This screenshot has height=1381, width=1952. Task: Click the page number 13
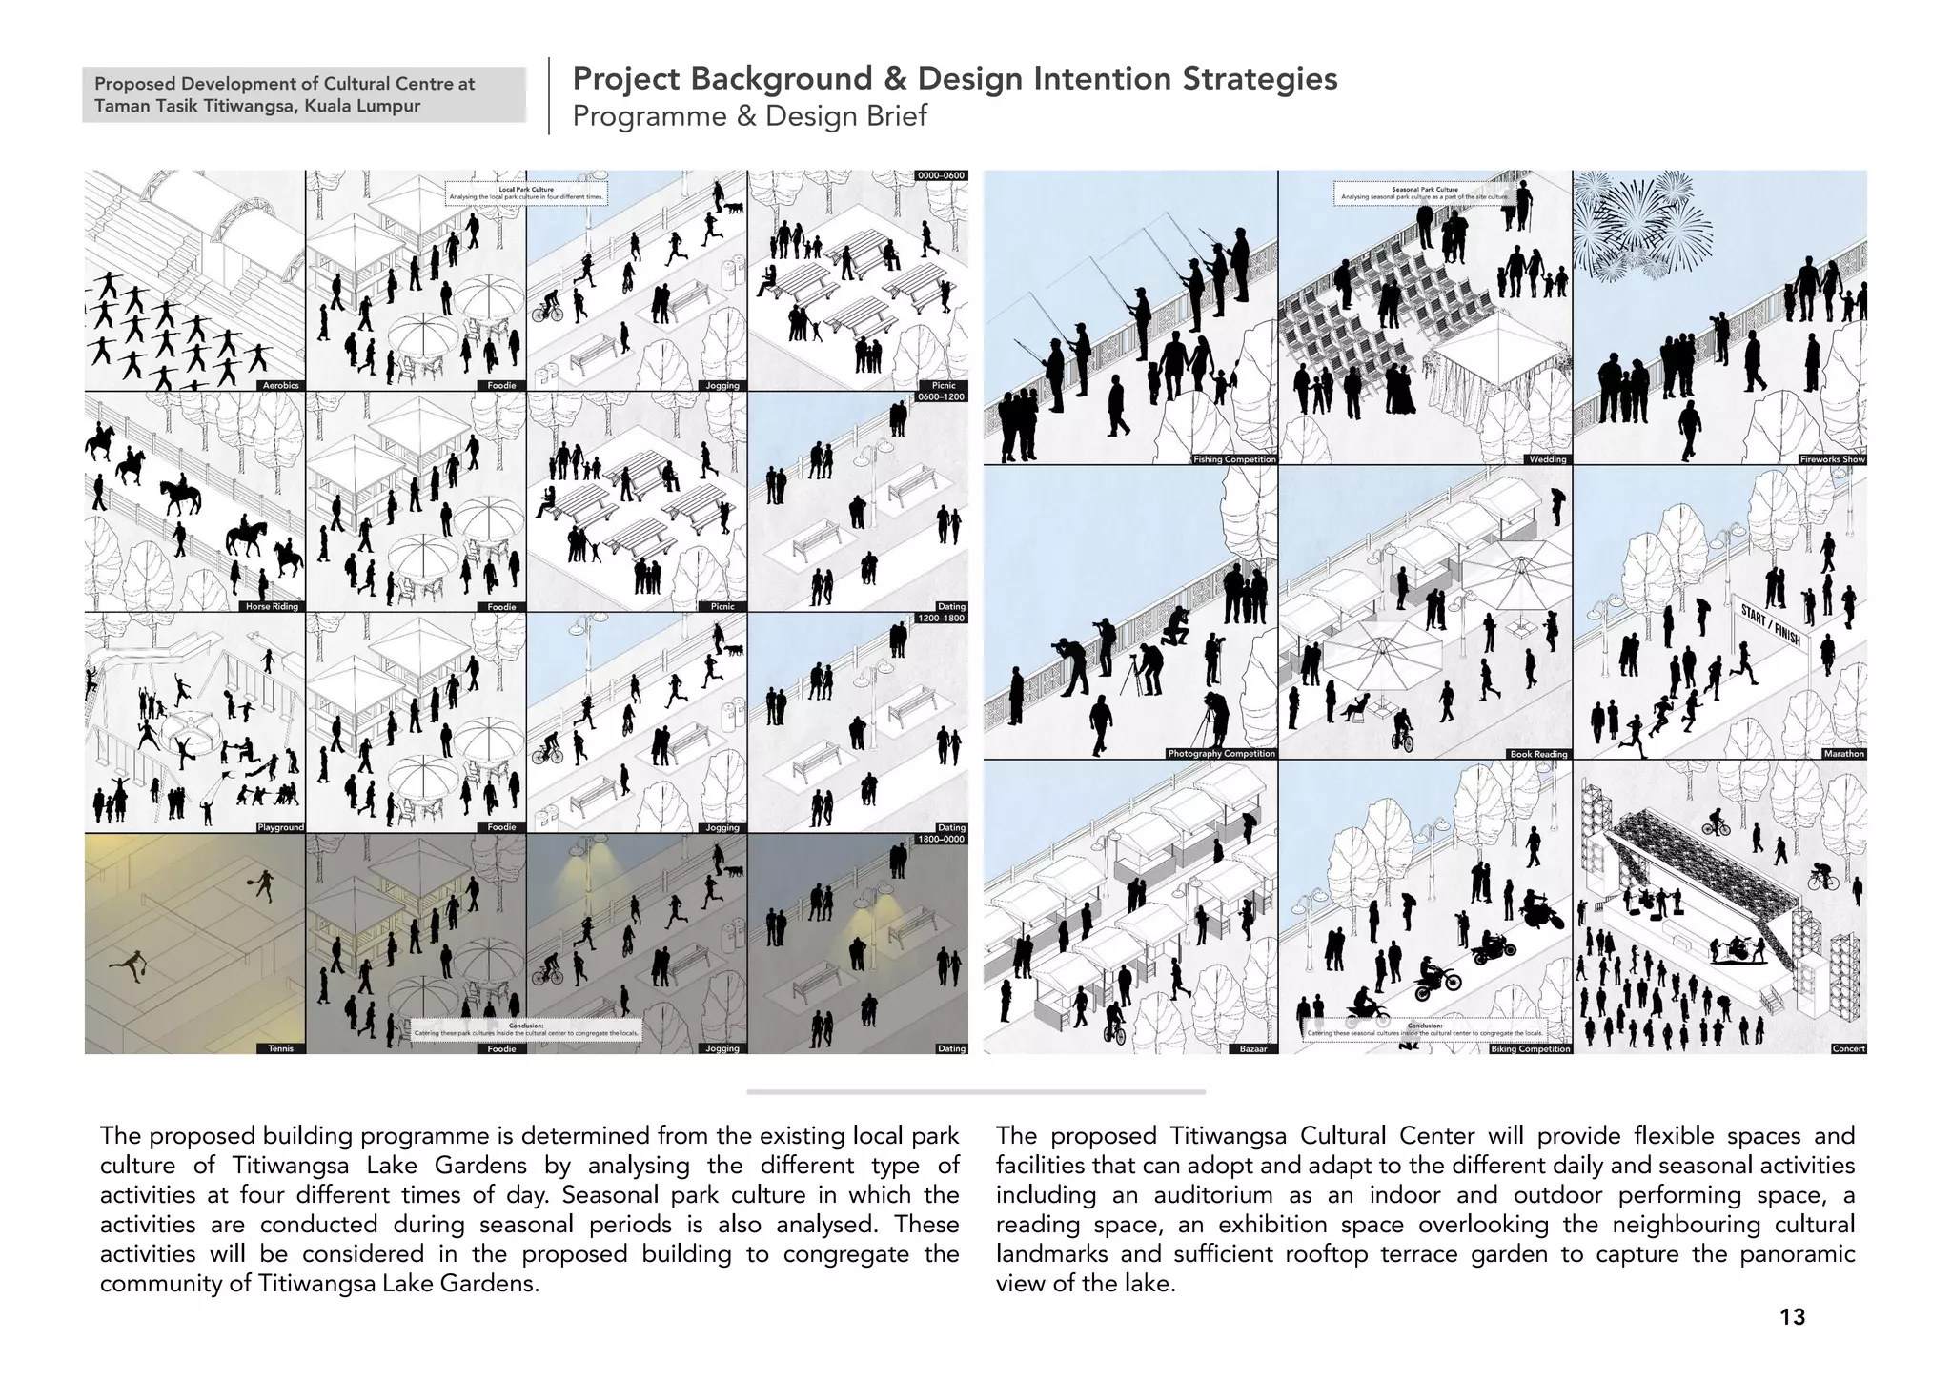(1792, 1317)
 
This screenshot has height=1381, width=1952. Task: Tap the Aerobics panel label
(280, 386)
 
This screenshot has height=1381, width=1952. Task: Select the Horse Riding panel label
(272, 607)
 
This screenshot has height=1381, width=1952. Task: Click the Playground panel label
(280, 827)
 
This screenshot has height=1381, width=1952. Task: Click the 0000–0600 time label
(941, 175)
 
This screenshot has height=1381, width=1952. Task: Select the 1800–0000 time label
(941, 839)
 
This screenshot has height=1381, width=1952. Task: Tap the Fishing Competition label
(1234, 459)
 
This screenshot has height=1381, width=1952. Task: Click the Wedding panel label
(1547, 459)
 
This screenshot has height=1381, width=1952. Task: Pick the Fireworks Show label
(1832, 459)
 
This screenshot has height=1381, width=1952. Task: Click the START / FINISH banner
(1771, 624)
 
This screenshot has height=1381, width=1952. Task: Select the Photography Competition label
(1221, 754)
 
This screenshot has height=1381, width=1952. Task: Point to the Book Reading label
(1538, 754)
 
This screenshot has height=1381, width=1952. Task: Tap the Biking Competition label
(1530, 1048)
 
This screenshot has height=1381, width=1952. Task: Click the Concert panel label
(1848, 1048)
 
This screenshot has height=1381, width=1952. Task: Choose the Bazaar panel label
(1252, 1048)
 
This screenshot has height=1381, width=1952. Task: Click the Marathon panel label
(1843, 754)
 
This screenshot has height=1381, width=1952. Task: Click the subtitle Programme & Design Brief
(749, 116)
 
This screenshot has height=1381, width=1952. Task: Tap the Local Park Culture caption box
(526, 193)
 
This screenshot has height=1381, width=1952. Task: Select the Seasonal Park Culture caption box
(1424, 193)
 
